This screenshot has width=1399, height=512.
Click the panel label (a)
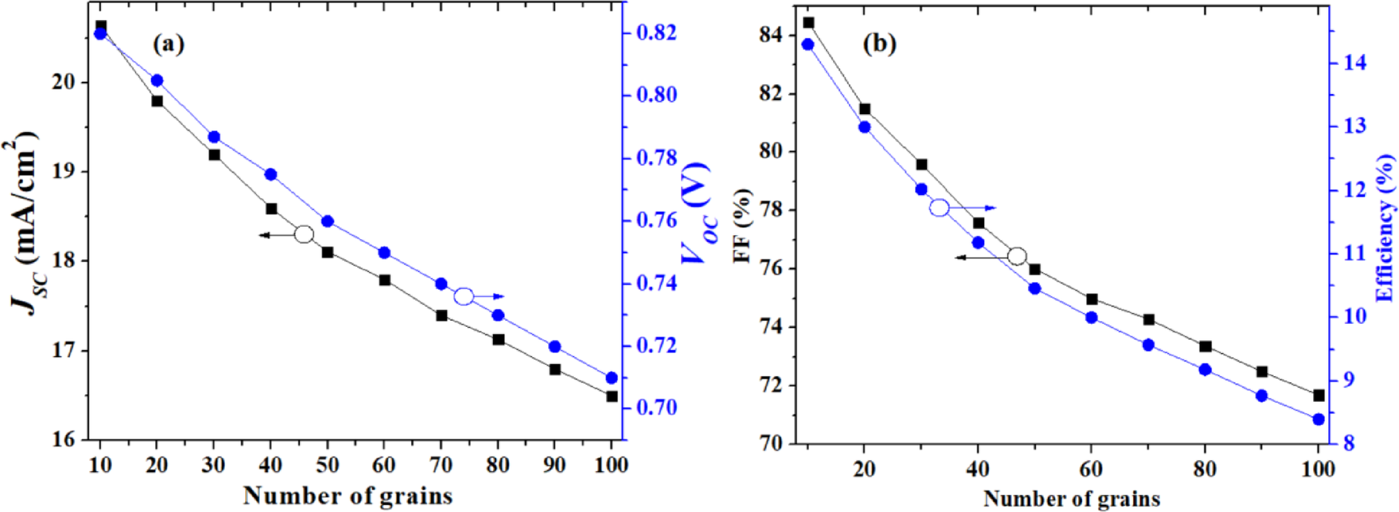(x=168, y=44)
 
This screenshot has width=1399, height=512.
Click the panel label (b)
(x=879, y=44)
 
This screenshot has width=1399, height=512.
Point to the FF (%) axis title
(x=743, y=224)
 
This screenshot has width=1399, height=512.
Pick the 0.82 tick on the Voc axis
(x=656, y=33)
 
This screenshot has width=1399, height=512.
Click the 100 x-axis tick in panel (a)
(x=612, y=466)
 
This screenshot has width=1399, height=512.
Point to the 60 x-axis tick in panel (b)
(x=1091, y=468)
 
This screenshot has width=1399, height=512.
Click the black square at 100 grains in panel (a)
(x=612, y=396)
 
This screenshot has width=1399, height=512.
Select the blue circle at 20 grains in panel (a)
(x=157, y=80)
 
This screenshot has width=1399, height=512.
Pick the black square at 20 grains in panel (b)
(x=865, y=109)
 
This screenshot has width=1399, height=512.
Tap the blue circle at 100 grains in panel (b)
(x=1319, y=419)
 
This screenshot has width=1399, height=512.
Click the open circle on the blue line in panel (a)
(x=464, y=296)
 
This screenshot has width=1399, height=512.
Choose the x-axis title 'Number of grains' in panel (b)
(x=1071, y=499)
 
